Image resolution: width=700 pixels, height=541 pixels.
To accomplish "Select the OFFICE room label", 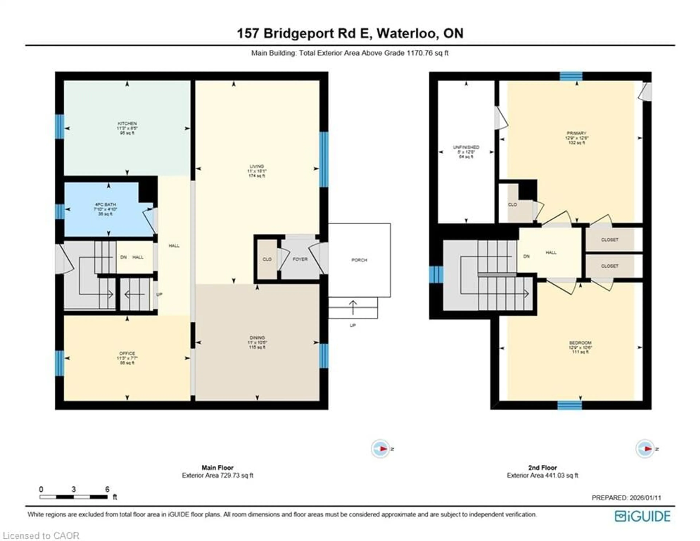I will click(x=127, y=353).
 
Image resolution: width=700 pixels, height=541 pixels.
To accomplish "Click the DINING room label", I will click(x=257, y=337).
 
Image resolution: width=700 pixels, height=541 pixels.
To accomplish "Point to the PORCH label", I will click(x=359, y=260).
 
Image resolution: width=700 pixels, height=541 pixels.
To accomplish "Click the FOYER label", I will click(x=300, y=259).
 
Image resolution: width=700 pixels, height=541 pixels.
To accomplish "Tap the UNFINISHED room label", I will click(x=466, y=147).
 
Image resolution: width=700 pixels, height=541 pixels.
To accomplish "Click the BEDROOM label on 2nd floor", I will click(x=580, y=343).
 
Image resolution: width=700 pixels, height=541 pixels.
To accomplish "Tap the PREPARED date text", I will click(x=626, y=498).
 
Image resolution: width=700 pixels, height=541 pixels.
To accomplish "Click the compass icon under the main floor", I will click(x=380, y=449).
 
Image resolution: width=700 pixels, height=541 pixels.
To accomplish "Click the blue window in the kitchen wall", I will click(x=60, y=127).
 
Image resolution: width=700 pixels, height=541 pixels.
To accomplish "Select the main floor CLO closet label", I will click(x=267, y=259).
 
